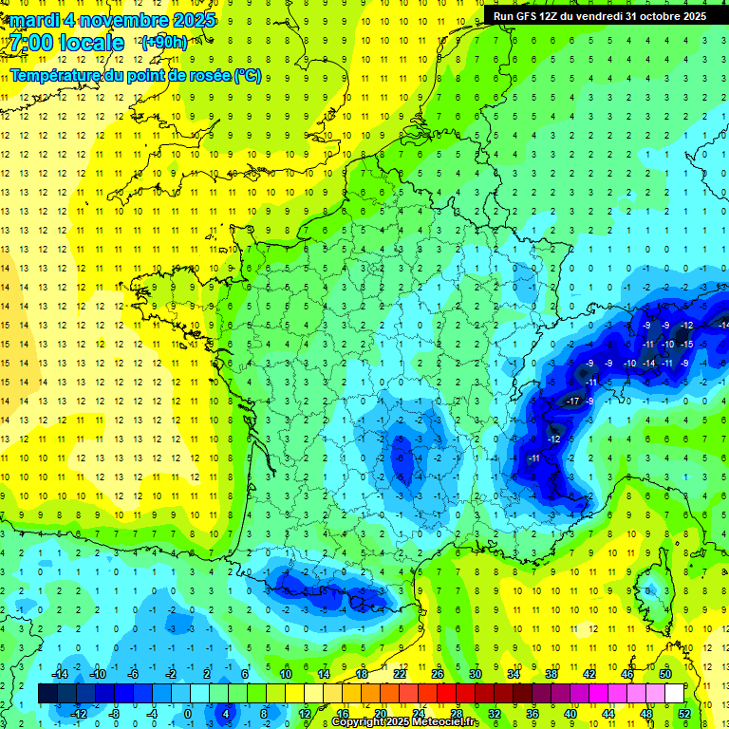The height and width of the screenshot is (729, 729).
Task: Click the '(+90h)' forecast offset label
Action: [x=164, y=43]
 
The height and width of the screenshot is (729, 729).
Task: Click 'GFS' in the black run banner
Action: [x=527, y=15]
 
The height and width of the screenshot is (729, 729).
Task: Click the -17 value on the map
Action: [x=572, y=402]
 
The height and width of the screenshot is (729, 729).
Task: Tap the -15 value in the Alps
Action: [x=685, y=344]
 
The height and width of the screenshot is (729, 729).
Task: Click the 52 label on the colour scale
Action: [x=684, y=713]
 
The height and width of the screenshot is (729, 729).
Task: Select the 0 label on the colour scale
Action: [x=188, y=713]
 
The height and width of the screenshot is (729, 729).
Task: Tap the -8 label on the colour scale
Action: [x=115, y=713]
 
